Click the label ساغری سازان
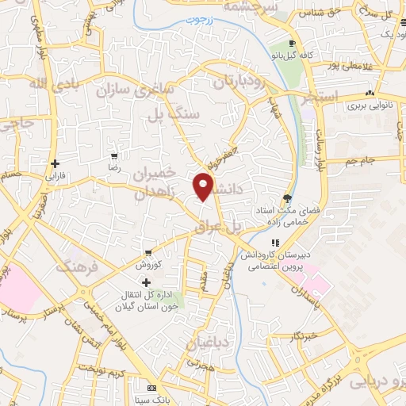tap(136, 90)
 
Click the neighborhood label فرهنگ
tap(76, 266)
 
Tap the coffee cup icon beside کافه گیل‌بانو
tap(293, 44)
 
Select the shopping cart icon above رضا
tap(115, 155)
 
